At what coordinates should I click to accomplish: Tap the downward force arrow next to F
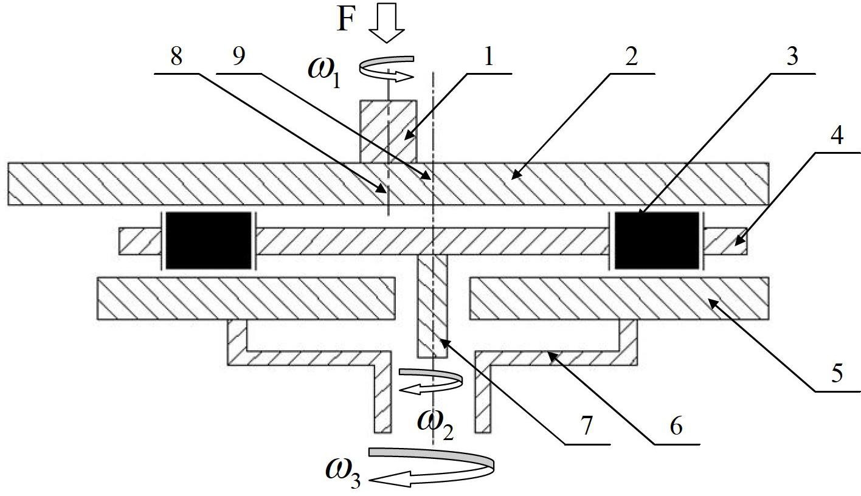pyautogui.click(x=387, y=23)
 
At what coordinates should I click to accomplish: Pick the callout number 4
pyautogui.click(x=837, y=136)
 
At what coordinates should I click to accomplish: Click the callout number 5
pyautogui.click(x=837, y=373)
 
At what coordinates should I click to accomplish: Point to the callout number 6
pyautogui.click(x=676, y=426)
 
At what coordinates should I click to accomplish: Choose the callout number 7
pyautogui.click(x=585, y=426)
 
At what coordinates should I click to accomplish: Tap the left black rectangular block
pyautogui.click(x=209, y=240)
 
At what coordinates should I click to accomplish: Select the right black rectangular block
pyautogui.click(x=657, y=240)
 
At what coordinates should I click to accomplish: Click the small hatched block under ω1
pyautogui.click(x=389, y=131)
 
